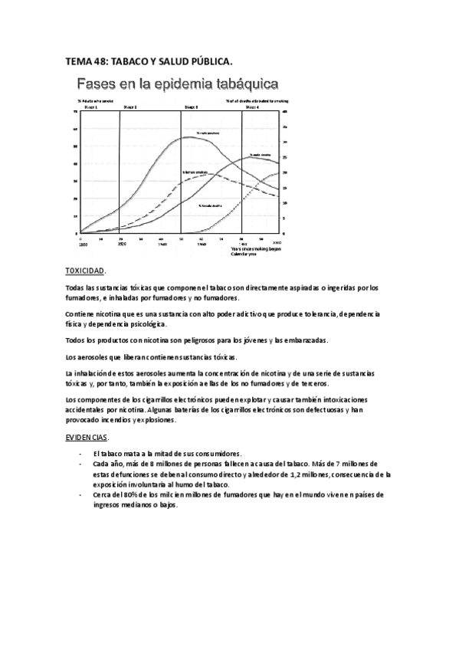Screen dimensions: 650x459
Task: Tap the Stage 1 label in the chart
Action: pyautogui.click(x=91, y=108)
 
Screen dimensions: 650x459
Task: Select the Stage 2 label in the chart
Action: pyautogui.click(x=130, y=108)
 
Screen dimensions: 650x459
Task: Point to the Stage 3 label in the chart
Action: pyautogui.click(x=192, y=108)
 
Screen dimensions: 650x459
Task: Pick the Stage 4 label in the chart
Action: pyautogui.click(x=252, y=108)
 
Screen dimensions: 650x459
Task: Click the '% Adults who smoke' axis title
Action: pyautogui.click(x=91, y=101)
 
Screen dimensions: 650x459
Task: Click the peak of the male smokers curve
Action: pyautogui.click(x=192, y=138)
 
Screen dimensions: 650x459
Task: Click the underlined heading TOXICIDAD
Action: pyautogui.click(x=86, y=271)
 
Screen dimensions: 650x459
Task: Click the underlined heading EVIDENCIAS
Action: pyautogui.click(x=87, y=437)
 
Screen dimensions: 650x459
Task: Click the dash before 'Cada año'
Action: pyautogui.click(x=81, y=465)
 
